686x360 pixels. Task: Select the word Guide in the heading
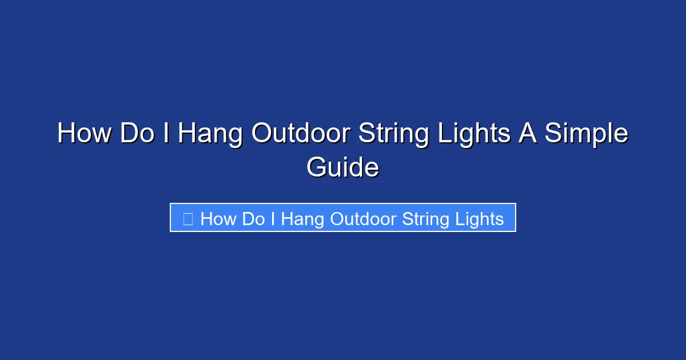[x=342, y=168]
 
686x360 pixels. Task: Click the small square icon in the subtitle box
[x=188, y=218]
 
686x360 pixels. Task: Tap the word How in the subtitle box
[x=218, y=219]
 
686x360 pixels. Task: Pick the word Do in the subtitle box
[x=253, y=219]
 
